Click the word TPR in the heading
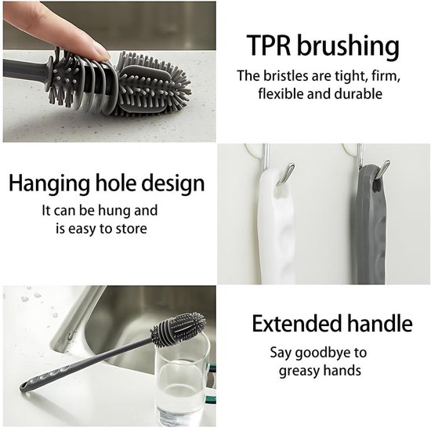pos(269,45)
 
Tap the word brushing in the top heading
pos(348,46)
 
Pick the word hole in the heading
pos(115,182)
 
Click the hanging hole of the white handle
pos(281,192)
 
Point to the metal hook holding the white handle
pos(287,173)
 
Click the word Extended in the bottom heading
pos(296,323)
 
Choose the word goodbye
pos(321,354)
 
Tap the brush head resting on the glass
pos(178,328)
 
